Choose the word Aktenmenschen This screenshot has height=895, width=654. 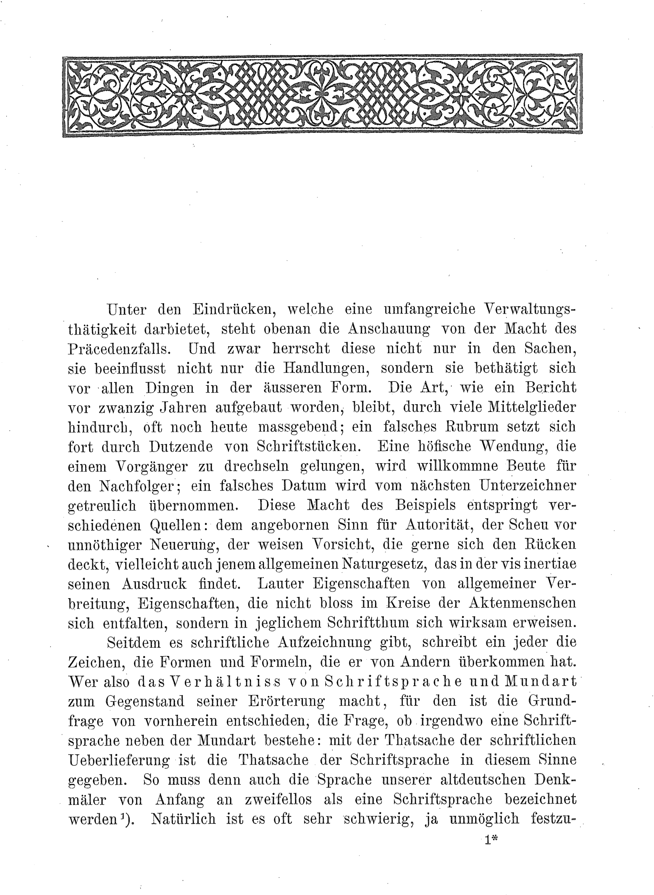[523, 603]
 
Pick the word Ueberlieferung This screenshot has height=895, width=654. [119, 760]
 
